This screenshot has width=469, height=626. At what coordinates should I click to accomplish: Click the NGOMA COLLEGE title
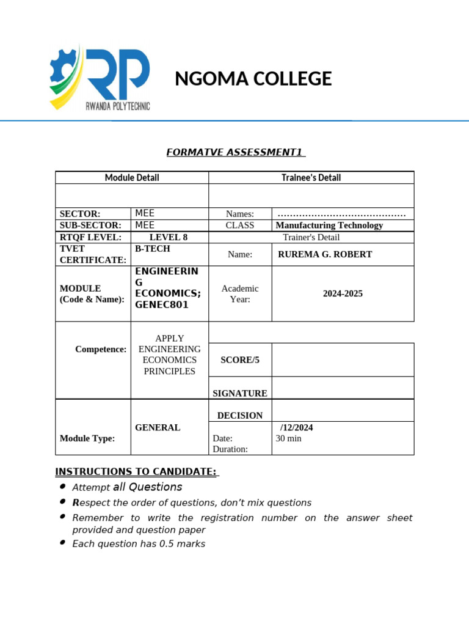253,79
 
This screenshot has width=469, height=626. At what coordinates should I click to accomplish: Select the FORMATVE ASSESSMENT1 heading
236,152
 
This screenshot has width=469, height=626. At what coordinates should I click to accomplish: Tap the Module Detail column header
132,178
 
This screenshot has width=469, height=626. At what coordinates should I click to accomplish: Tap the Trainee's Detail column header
311,178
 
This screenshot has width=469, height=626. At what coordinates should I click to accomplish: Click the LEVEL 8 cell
169,237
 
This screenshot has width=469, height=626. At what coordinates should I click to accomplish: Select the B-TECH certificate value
153,249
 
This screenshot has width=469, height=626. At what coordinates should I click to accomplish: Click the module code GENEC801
162,304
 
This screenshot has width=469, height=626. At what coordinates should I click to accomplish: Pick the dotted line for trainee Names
341,214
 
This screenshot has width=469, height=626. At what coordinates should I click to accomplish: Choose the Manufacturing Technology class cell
329,225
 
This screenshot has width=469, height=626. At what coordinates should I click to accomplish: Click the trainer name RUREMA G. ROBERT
324,254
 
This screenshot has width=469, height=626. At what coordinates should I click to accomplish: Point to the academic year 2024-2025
343,293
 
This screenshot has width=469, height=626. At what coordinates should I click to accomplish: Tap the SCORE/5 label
240,360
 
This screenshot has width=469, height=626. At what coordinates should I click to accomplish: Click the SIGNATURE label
239,393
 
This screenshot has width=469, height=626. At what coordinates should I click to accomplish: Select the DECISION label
240,415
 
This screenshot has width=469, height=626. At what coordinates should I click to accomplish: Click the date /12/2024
296,427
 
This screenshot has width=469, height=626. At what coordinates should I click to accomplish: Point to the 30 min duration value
288,438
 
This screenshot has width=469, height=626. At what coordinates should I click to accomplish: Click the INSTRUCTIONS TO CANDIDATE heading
137,471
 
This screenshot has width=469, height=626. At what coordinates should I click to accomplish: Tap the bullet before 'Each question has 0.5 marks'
63,543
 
